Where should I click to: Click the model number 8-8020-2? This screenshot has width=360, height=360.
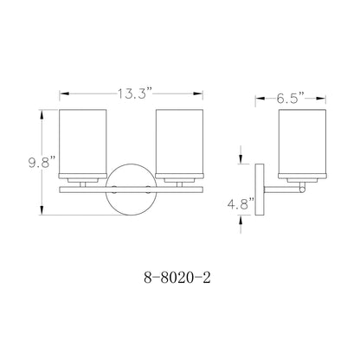click(x=177, y=280)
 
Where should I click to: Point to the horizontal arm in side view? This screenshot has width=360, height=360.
click(x=281, y=186)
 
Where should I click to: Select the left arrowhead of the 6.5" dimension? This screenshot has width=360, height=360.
click(x=258, y=99)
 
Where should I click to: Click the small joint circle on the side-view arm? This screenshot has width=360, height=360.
click(x=300, y=187)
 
